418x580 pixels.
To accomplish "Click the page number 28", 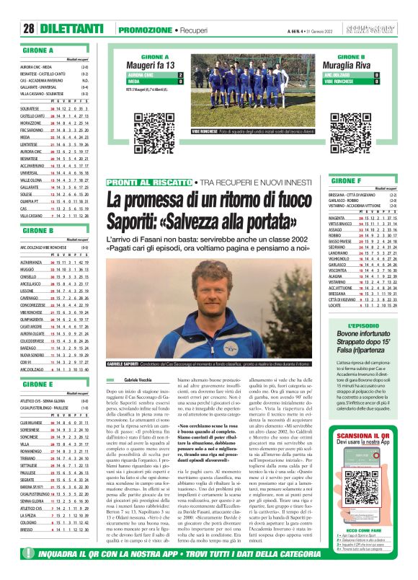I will click(x=29, y=29).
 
